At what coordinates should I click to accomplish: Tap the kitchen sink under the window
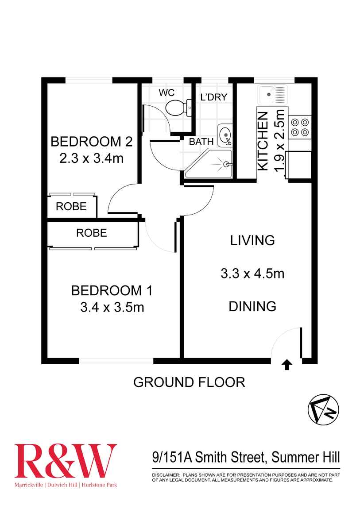click(x=272, y=94)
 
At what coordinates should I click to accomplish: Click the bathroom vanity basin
click(x=225, y=135)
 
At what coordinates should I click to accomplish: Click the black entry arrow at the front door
click(x=287, y=364)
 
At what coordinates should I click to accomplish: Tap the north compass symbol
click(x=323, y=409)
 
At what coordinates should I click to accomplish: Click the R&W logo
click(x=66, y=461)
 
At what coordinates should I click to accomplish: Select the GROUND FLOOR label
click(x=189, y=382)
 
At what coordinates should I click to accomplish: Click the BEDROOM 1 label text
click(x=112, y=291)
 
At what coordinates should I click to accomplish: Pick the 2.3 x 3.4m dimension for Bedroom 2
click(x=91, y=158)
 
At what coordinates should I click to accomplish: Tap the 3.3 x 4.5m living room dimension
click(x=252, y=274)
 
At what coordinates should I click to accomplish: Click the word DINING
click(x=252, y=306)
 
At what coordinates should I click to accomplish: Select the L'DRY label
click(x=213, y=97)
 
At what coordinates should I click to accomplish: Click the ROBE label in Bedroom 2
click(x=71, y=207)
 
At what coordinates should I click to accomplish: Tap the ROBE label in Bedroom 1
click(x=92, y=233)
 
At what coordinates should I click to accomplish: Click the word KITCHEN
click(x=263, y=141)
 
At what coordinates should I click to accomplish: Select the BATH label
click(x=201, y=142)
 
